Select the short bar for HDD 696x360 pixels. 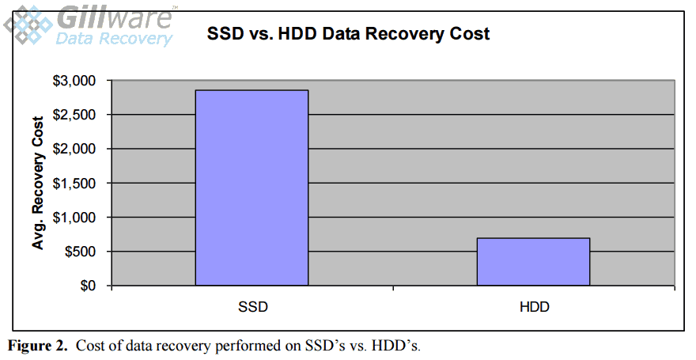[533, 261]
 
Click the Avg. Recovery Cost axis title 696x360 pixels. [37, 183]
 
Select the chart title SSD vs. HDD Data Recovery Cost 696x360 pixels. [348, 34]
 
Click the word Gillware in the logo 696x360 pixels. [114, 17]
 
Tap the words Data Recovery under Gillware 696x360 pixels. [114, 37]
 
